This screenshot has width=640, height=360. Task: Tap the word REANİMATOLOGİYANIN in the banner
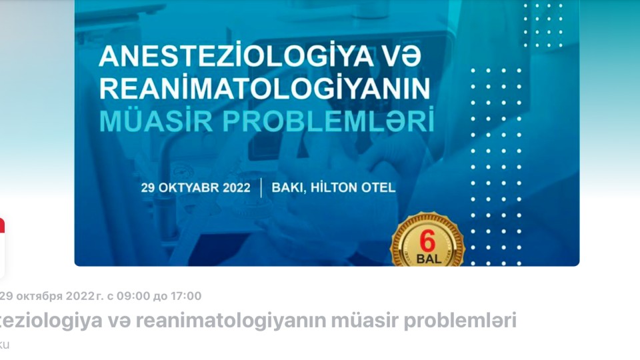pos(265,90)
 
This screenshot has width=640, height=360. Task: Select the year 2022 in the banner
pos(235,187)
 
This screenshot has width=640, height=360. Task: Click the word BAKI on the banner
pos(288,187)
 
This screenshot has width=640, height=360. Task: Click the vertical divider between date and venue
pos(261,187)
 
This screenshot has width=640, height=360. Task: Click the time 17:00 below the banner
pos(186,296)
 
